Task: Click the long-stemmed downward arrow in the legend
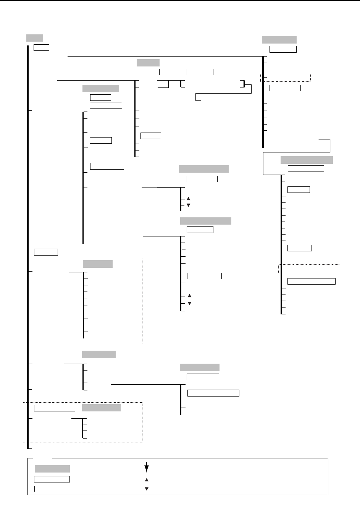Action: click(x=146, y=467)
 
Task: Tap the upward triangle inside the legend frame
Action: click(x=146, y=480)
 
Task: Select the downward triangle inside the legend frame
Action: click(x=146, y=489)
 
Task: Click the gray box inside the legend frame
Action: click(x=52, y=469)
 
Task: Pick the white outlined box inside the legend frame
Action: click(x=52, y=479)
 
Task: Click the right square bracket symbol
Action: click(x=242, y=84)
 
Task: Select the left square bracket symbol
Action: click(x=182, y=84)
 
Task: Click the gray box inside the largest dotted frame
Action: click(x=98, y=264)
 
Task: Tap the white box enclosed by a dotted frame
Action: click(x=55, y=408)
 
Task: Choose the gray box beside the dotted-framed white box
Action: click(x=101, y=408)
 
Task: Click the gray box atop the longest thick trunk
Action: click(x=34, y=38)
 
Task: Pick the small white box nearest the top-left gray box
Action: click(x=41, y=47)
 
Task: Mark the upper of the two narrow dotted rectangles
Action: click(x=286, y=78)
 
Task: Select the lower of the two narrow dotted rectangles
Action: click(x=309, y=269)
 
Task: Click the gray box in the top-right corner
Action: click(x=279, y=40)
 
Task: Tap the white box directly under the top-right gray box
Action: click(x=283, y=49)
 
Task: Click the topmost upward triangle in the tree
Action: click(x=188, y=199)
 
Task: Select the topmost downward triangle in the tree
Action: click(x=188, y=205)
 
